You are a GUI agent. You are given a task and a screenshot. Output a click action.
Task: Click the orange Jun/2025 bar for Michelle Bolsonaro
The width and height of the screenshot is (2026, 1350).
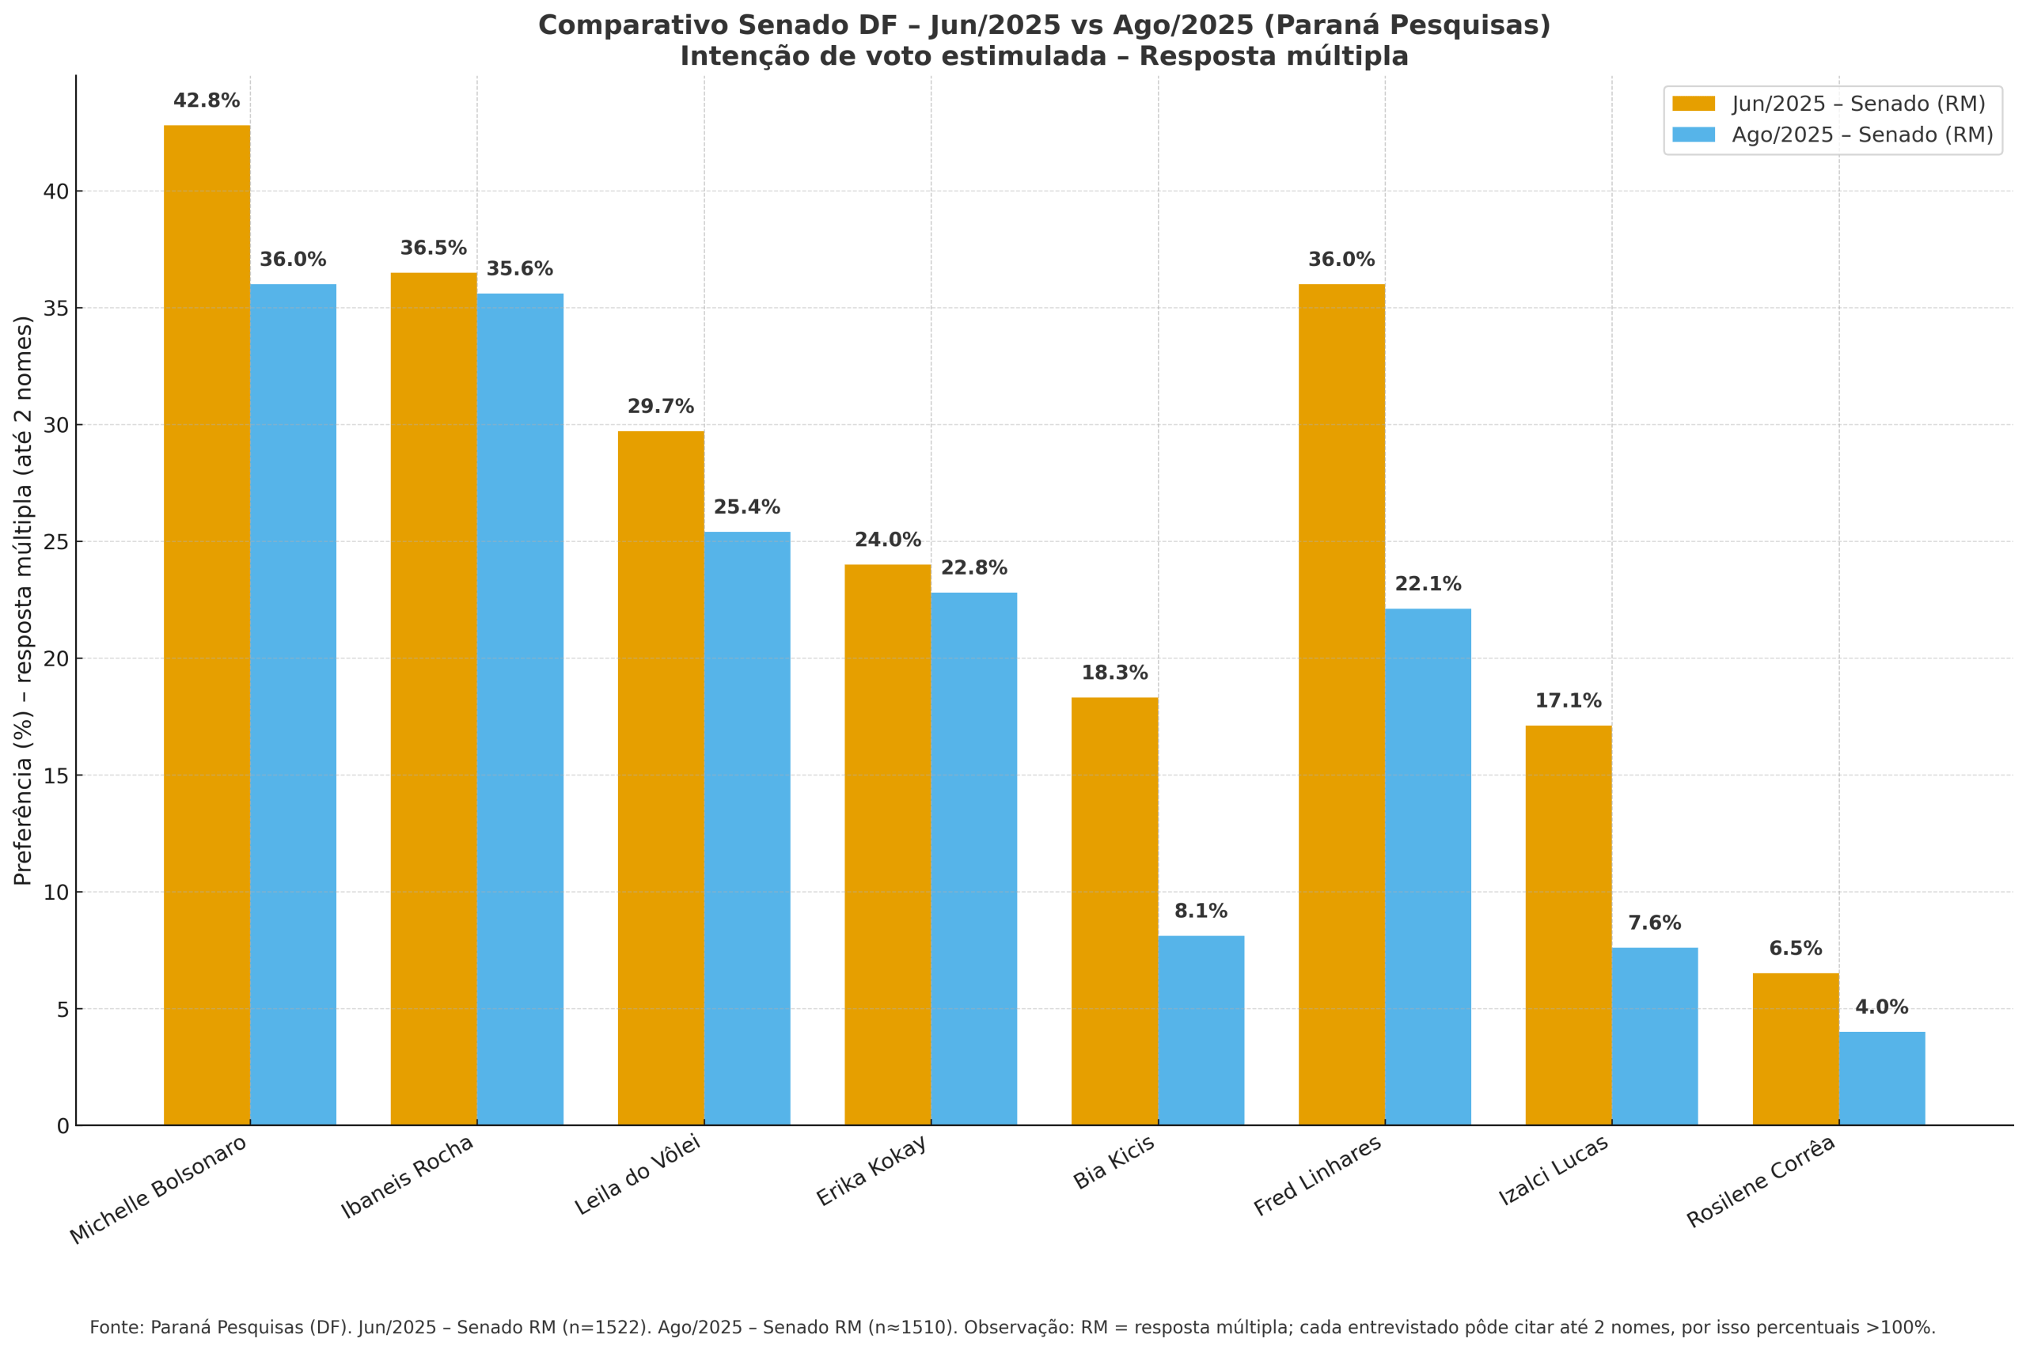coord(207,624)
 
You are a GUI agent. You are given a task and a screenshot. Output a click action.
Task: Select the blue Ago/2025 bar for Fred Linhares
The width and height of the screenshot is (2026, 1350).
coord(1428,867)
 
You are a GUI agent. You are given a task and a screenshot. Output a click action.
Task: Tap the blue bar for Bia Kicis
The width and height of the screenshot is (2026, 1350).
coord(1201,1030)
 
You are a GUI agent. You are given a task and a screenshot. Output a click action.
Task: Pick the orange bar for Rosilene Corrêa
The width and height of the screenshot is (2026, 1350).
coord(1795,1049)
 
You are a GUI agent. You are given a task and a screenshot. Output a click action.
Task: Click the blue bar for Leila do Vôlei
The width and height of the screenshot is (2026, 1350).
coord(746,828)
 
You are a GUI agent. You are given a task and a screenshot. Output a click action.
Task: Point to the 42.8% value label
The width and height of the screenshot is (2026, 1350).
coord(207,100)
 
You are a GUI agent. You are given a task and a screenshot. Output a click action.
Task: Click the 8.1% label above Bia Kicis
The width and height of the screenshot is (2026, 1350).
coord(1201,911)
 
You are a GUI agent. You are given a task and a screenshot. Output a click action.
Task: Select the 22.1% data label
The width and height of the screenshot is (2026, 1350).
coord(1428,584)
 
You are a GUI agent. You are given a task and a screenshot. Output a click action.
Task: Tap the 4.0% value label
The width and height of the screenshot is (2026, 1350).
coord(1881,1007)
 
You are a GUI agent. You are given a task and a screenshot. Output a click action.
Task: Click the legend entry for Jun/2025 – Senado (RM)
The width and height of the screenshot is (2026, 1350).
coord(1858,104)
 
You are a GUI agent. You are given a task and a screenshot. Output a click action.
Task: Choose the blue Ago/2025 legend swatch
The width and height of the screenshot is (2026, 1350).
coord(1693,135)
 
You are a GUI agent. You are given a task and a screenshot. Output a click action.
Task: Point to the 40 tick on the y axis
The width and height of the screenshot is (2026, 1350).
coord(56,192)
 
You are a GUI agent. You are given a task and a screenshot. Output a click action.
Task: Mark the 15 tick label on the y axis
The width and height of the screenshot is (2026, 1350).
coord(56,775)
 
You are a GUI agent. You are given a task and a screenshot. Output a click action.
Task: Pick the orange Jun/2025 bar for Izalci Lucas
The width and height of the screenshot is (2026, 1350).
coord(1568,925)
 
